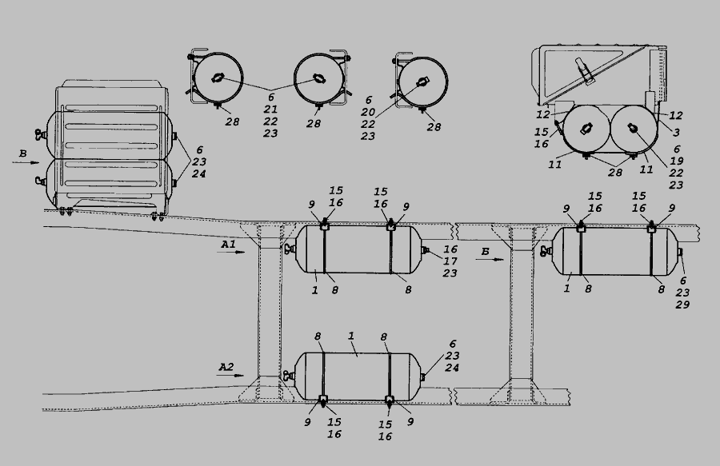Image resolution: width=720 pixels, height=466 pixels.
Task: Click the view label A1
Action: click(228, 245)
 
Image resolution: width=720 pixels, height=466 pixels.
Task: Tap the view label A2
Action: click(226, 367)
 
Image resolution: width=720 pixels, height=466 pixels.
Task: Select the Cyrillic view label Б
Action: click(486, 251)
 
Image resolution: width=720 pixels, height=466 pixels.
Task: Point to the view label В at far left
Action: click(22, 154)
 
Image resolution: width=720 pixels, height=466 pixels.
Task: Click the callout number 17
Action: click(450, 261)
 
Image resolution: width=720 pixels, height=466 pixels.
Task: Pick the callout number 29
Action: click(682, 304)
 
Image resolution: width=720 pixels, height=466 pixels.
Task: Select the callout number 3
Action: click(676, 132)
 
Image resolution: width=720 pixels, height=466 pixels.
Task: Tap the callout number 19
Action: click(676, 161)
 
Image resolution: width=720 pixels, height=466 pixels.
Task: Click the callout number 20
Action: click(368, 112)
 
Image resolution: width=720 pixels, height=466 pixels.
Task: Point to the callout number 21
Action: click(270, 110)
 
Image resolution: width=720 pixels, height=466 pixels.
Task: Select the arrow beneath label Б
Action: click(490, 259)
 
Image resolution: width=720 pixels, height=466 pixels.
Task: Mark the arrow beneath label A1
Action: click(232, 252)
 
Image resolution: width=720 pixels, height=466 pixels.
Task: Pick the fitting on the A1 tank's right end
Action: click(426, 250)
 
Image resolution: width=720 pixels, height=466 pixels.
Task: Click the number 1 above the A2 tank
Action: click(351, 336)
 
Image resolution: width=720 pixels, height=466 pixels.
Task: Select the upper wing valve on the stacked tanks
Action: click(39, 135)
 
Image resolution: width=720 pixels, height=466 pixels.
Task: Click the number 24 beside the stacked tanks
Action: click(198, 173)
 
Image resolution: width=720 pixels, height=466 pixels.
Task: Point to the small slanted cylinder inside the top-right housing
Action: click(583, 70)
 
